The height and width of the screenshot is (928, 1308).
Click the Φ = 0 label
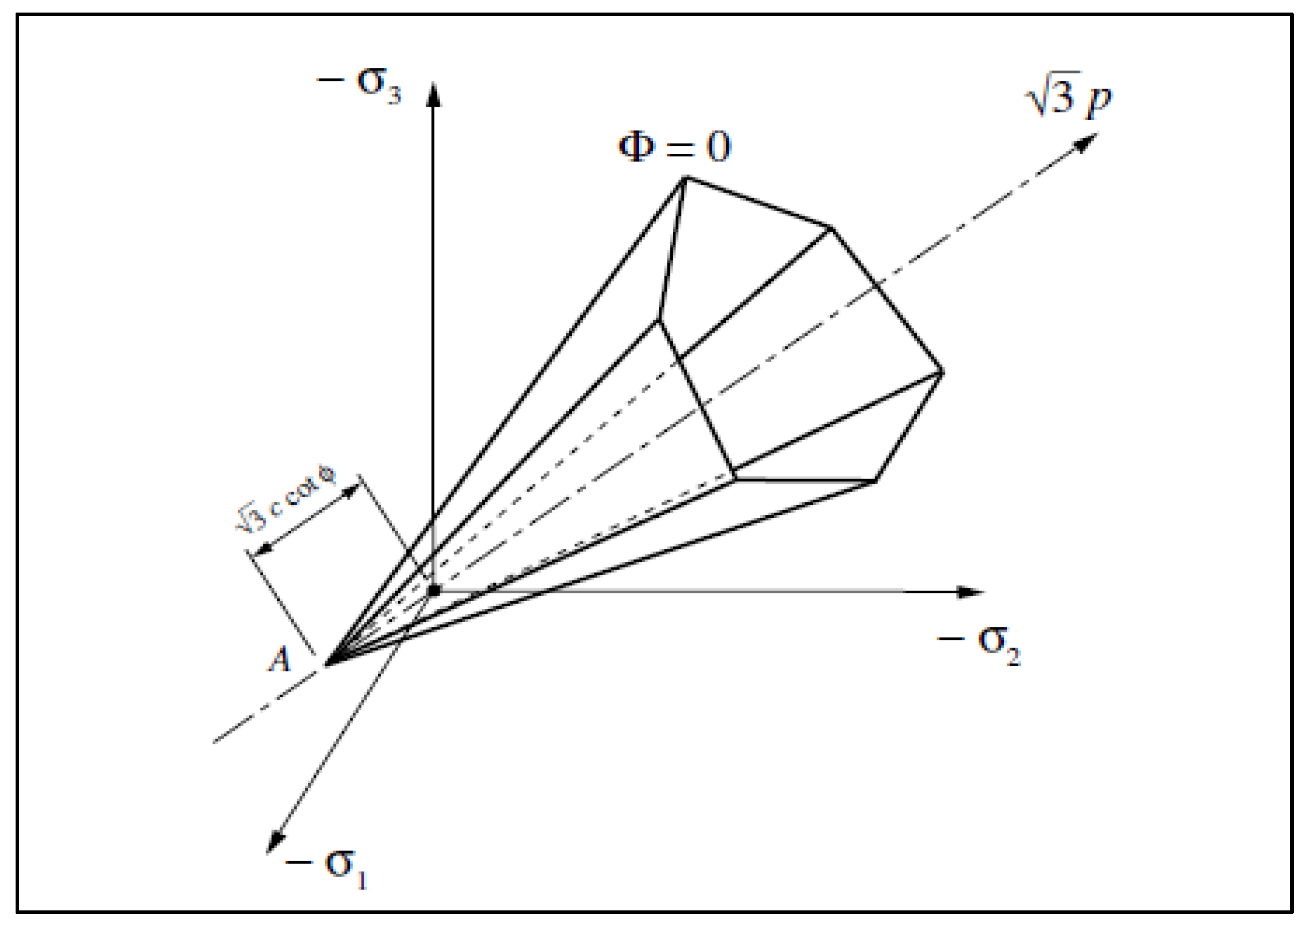point(674,146)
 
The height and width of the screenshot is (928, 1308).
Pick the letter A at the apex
point(280,660)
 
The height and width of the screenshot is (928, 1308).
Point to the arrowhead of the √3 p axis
point(1086,141)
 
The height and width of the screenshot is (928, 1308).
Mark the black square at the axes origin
point(434,590)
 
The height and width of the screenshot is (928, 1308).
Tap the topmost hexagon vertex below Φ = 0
point(685,178)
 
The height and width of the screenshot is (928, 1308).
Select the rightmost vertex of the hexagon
point(941,373)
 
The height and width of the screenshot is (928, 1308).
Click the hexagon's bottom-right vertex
point(875,481)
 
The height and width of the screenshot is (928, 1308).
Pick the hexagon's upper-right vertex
point(830,228)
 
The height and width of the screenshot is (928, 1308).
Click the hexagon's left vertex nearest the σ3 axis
point(659,321)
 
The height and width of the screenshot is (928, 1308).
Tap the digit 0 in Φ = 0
point(718,147)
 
